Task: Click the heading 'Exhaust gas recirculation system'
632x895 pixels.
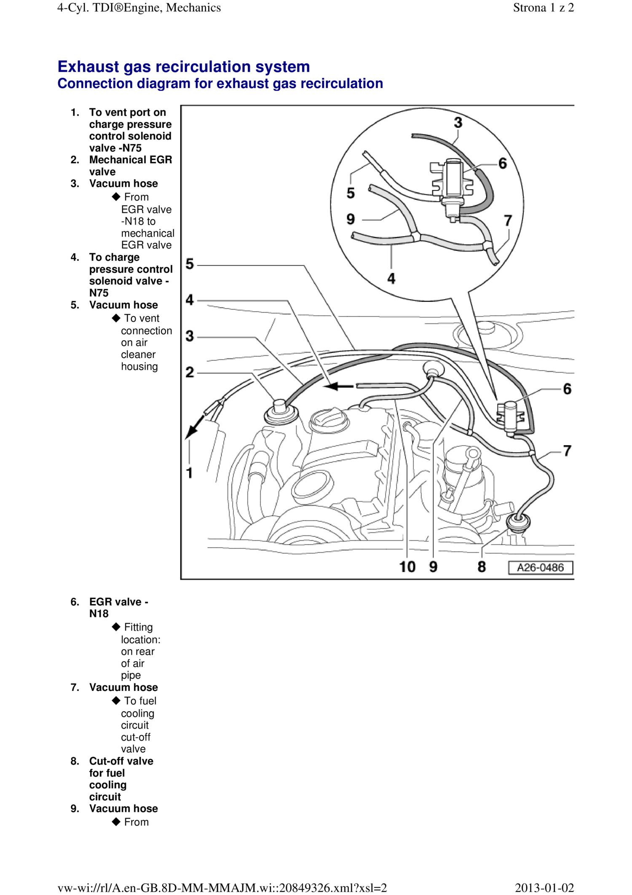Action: [184, 67]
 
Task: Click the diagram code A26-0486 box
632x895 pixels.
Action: [540, 567]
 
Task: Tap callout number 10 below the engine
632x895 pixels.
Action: [407, 567]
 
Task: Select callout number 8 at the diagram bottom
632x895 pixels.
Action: [482, 567]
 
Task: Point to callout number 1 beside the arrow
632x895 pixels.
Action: [190, 473]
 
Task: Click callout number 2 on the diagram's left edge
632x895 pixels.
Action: [190, 372]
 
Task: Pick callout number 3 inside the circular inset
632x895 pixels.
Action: [458, 123]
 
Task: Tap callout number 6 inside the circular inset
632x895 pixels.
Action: [502, 163]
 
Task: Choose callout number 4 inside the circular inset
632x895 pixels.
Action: [391, 278]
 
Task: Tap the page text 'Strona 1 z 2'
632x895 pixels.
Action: [543, 8]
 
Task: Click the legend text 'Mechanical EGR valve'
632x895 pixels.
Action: [131, 166]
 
